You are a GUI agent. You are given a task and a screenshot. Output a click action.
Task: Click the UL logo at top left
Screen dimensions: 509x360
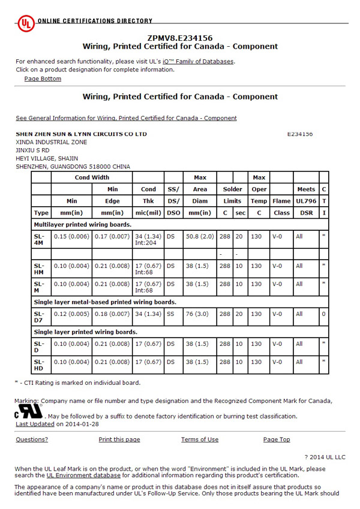tap(25, 23)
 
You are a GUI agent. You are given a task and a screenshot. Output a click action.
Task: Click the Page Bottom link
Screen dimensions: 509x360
tap(43, 79)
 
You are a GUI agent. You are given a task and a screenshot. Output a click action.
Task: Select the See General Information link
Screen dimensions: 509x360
tap(126, 118)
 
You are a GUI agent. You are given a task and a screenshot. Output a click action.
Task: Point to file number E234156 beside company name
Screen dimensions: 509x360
tap(300, 134)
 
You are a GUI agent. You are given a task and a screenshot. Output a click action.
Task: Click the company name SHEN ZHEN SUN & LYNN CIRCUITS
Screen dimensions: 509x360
tap(81, 134)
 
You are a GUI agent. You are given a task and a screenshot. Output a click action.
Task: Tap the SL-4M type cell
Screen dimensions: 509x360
tap(40, 240)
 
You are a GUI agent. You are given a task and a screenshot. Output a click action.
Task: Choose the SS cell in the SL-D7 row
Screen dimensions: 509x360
tap(171, 314)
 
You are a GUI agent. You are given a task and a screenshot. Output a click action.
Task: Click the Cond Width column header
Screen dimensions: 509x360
tap(92, 177)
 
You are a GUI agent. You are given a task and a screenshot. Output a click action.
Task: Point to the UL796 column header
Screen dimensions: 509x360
tap(306, 201)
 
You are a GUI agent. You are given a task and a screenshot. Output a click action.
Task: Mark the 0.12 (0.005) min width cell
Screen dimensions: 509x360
tap(71, 314)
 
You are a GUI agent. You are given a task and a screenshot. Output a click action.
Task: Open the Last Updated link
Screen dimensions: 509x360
tap(35, 424)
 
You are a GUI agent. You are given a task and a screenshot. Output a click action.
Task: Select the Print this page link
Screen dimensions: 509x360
tap(119, 439)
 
